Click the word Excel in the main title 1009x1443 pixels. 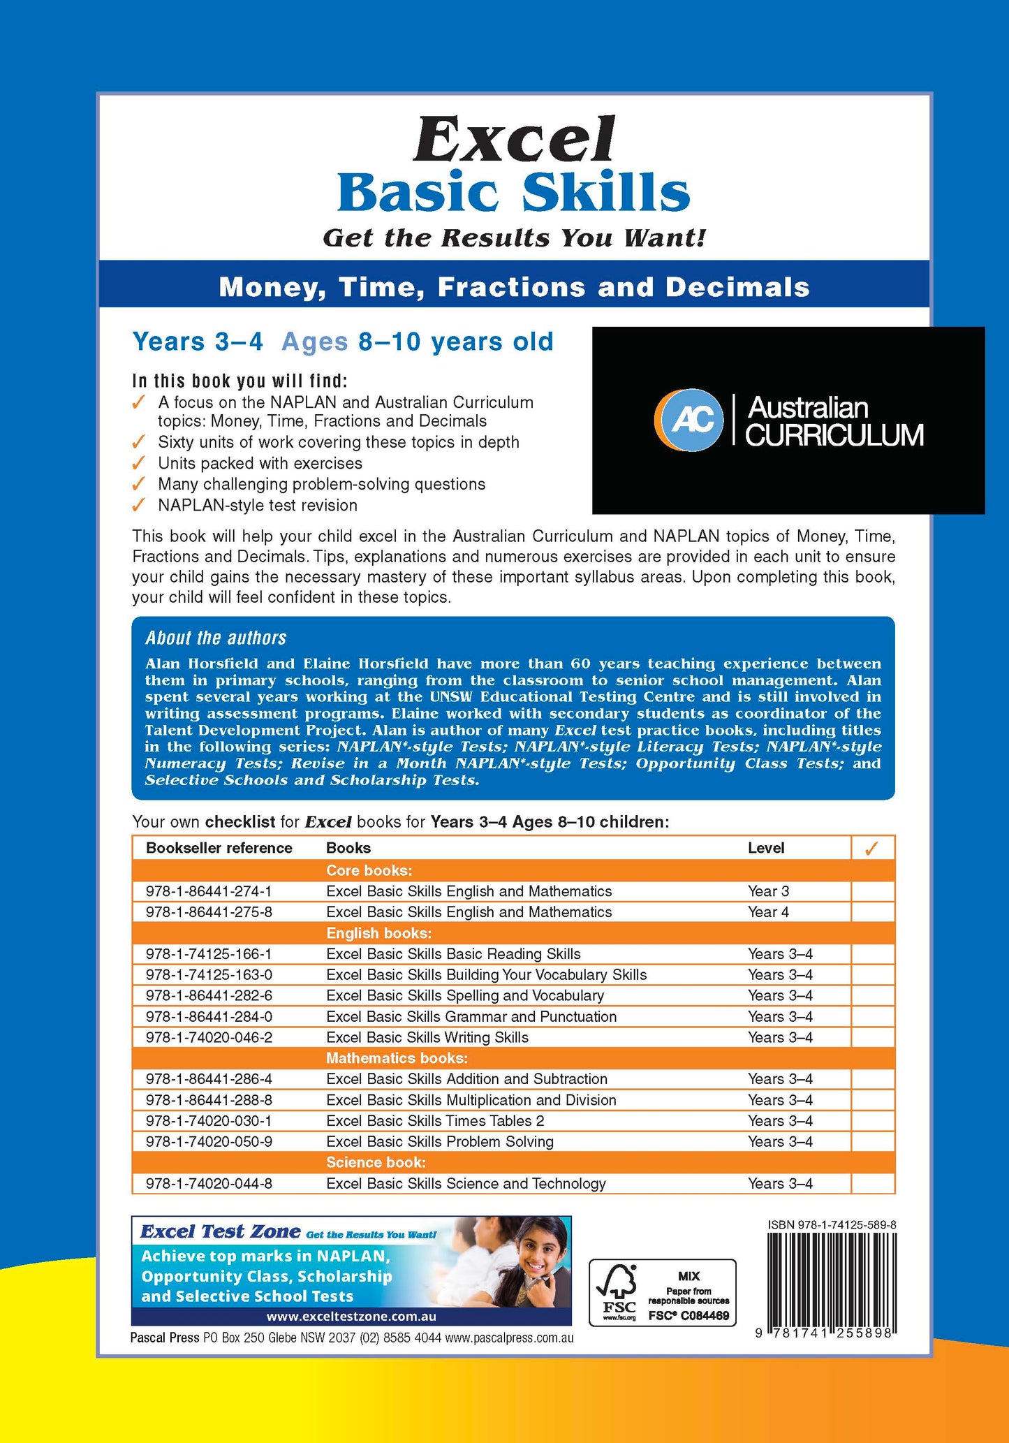(x=514, y=140)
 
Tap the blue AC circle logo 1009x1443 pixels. (x=689, y=420)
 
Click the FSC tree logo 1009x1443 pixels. (x=619, y=1291)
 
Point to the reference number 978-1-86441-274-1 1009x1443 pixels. (x=208, y=891)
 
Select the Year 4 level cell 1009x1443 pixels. (x=768, y=912)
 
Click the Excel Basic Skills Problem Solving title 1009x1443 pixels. (x=439, y=1142)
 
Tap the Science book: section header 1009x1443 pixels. (x=376, y=1162)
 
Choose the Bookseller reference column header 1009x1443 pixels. (x=219, y=848)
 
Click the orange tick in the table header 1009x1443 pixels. (x=871, y=849)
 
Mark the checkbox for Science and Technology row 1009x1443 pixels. (x=873, y=1184)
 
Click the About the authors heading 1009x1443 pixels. (x=216, y=638)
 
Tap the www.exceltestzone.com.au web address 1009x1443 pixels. (x=351, y=1317)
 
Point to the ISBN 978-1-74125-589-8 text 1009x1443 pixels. (x=832, y=1224)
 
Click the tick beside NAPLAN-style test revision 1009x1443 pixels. (x=139, y=504)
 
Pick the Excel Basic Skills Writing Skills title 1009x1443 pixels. (x=427, y=1037)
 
